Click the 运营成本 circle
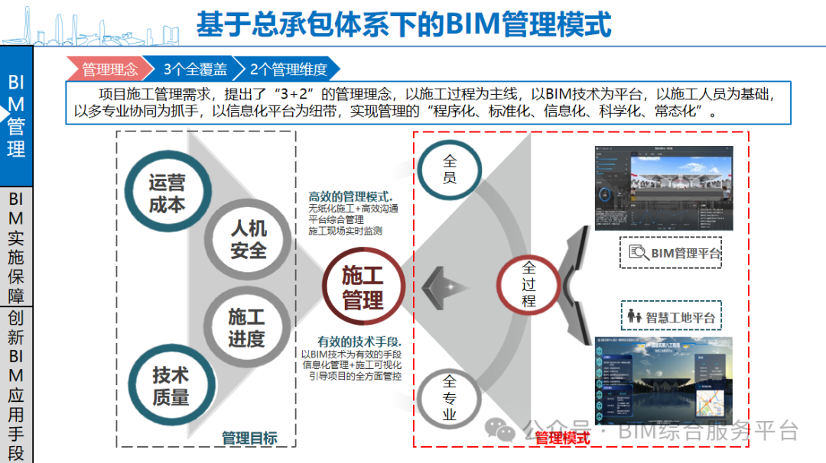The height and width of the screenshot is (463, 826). click(x=167, y=193)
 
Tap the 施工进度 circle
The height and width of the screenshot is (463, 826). click(x=246, y=327)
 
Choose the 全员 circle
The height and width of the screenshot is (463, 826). click(x=450, y=170)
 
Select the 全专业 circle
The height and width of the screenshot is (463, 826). click(x=450, y=397)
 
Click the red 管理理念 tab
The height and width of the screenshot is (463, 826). click(x=109, y=70)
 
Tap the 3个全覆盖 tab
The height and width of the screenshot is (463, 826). click(x=194, y=70)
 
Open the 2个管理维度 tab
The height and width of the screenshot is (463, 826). click(x=288, y=70)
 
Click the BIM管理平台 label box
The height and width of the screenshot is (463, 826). click(x=671, y=253)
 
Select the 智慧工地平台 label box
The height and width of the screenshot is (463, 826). click(x=671, y=316)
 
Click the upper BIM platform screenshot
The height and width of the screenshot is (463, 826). click(x=664, y=188)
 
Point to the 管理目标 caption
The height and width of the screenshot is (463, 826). click(x=249, y=438)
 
